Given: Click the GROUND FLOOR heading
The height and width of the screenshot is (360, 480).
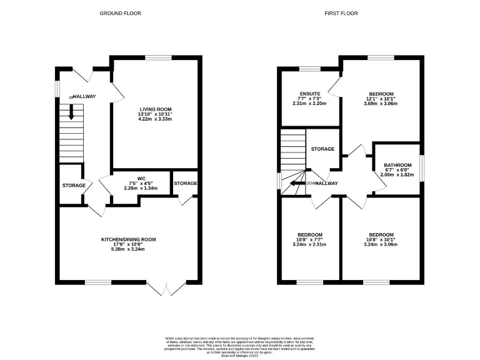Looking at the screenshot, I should point(121,13).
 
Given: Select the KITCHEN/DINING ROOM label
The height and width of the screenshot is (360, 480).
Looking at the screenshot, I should point(129,239).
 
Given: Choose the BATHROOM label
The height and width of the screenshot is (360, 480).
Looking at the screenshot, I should point(397,165).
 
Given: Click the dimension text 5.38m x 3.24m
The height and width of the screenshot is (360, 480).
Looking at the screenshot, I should point(129,249).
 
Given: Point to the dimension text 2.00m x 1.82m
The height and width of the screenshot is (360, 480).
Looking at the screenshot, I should point(397,176).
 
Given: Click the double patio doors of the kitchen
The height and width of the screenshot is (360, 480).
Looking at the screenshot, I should point(166,289).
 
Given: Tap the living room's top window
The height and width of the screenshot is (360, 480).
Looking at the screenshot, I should point(159,57).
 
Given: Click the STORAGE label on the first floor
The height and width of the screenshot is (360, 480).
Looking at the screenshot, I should point(322,149).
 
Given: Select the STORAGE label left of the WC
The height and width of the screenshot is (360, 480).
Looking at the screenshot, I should point(73,186).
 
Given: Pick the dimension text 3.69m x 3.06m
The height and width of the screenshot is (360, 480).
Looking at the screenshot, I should point(381,104).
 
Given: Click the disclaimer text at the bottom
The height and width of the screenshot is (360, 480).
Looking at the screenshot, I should point(240,346).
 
